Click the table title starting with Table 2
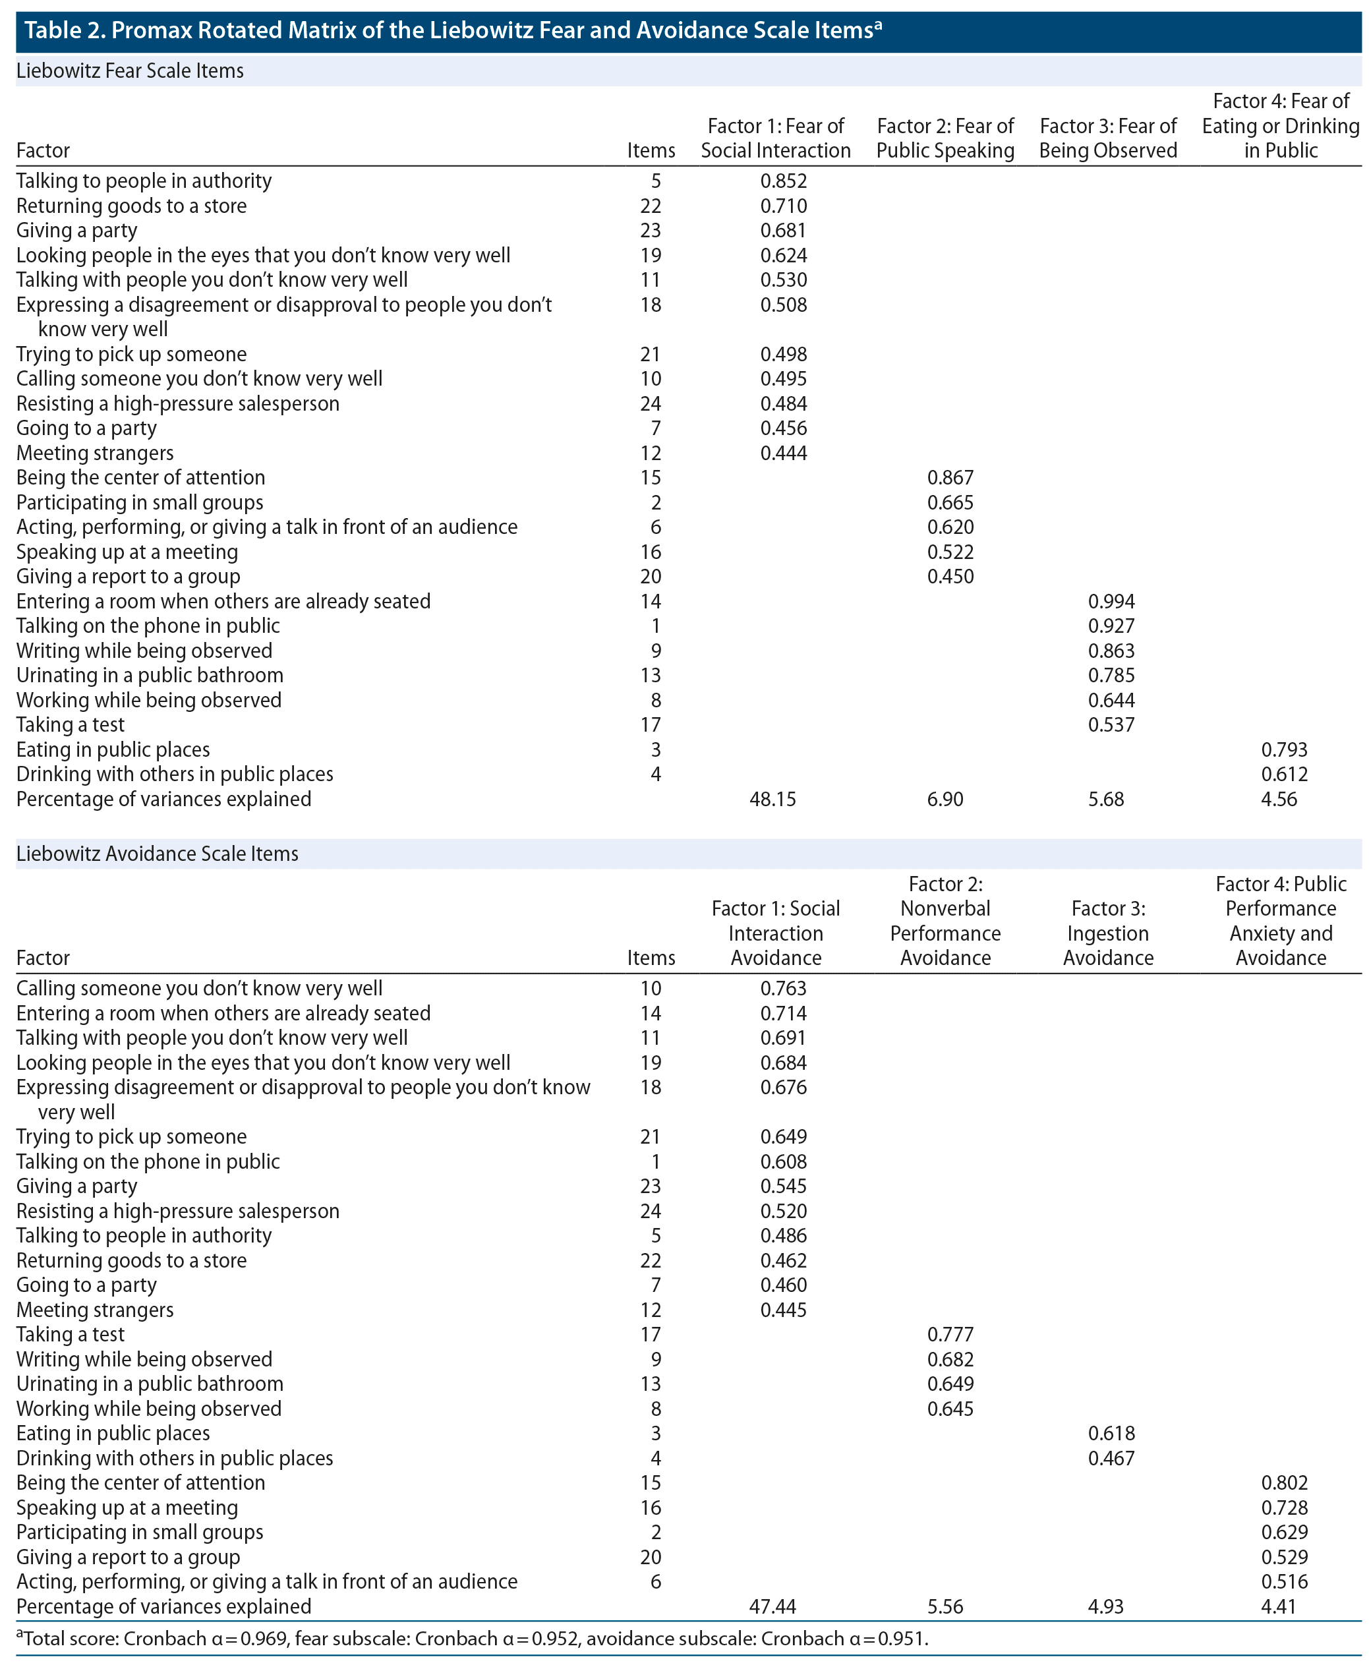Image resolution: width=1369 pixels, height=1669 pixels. coord(453,31)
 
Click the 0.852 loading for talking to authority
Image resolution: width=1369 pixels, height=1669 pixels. coord(783,181)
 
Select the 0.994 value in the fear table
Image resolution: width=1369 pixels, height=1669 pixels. coord(1111,602)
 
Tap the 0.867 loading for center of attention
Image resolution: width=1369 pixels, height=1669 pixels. coord(950,478)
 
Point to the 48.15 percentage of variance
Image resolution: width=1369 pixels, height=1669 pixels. coord(772,800)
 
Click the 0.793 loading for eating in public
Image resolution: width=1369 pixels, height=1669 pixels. coord(1284,750)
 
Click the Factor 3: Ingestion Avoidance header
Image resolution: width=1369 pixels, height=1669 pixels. coord(1108,933)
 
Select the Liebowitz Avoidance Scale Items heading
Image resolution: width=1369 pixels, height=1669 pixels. coord(158,854)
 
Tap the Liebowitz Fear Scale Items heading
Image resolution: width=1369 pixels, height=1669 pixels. coord(130,71)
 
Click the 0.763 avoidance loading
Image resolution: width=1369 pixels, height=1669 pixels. coord(783,988)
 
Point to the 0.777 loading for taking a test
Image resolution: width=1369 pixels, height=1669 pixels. coord(950,1335)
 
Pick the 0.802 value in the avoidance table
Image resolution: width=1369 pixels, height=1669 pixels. coord(1284,1483)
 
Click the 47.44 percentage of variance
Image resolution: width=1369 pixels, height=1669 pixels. coord(772,1606)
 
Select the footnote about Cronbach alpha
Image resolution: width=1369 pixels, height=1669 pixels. coord(473,1639)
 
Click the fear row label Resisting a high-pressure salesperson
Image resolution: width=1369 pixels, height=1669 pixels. coord(178,404)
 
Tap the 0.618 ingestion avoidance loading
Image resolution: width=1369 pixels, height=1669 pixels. coord(1111,1433)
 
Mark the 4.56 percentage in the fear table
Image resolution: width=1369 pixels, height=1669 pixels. coord(1278,800)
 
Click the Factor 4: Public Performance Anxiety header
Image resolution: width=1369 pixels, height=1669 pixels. coord(1281,922)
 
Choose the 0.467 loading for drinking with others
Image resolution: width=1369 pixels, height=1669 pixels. coord(1111,1459)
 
